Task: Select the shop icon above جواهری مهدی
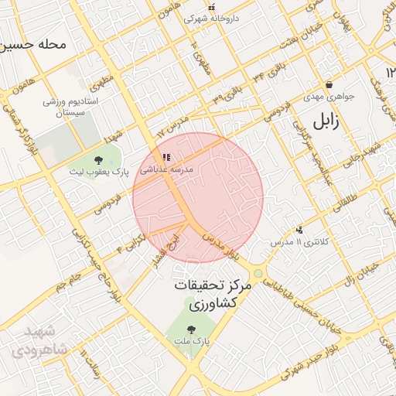click(329, 85)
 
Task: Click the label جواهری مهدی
click(328, 97)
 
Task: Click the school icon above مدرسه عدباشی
click(166, 157)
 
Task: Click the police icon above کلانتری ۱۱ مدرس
click(299, 229)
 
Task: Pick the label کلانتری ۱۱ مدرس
click(299, 242)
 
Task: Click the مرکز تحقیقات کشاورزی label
click(209, 295)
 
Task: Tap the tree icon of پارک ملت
click(190, 328)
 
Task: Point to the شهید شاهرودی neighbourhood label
click(36, 341)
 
